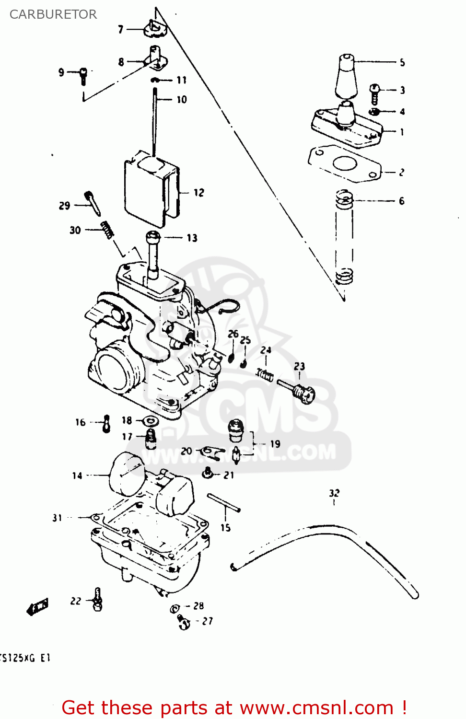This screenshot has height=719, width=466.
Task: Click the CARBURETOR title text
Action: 53,14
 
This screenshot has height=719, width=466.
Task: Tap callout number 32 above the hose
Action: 334,493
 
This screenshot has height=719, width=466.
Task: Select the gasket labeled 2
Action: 344,164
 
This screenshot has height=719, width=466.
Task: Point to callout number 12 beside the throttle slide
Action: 199,193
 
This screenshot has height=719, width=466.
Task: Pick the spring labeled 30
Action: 107,230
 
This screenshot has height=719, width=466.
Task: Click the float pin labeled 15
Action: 223,503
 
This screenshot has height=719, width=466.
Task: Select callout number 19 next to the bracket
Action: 275,444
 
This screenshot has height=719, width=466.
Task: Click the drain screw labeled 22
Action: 98,600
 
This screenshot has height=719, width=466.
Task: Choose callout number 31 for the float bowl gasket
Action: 57,518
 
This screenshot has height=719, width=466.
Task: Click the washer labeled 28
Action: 175,609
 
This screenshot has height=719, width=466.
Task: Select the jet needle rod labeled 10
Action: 155,120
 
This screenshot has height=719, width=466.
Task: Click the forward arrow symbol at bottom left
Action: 37,607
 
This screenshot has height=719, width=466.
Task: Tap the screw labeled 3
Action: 374,93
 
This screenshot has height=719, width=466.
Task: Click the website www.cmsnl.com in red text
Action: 316,708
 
